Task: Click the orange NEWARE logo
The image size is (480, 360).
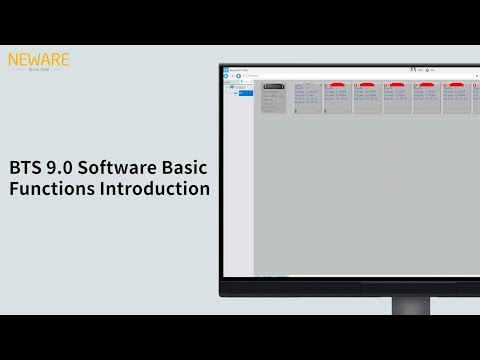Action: coord(38,60)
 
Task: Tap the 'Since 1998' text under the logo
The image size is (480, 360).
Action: coord(38,71)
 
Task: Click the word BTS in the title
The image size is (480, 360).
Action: coord(25,168)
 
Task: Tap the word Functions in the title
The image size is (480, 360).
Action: coord(50,189)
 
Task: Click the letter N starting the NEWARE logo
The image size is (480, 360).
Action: coord(13,60)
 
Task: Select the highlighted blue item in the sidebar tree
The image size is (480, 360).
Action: coord(245,94)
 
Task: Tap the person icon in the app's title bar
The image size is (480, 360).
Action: coord(412,69)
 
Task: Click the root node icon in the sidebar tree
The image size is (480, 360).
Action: coord(232,87)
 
